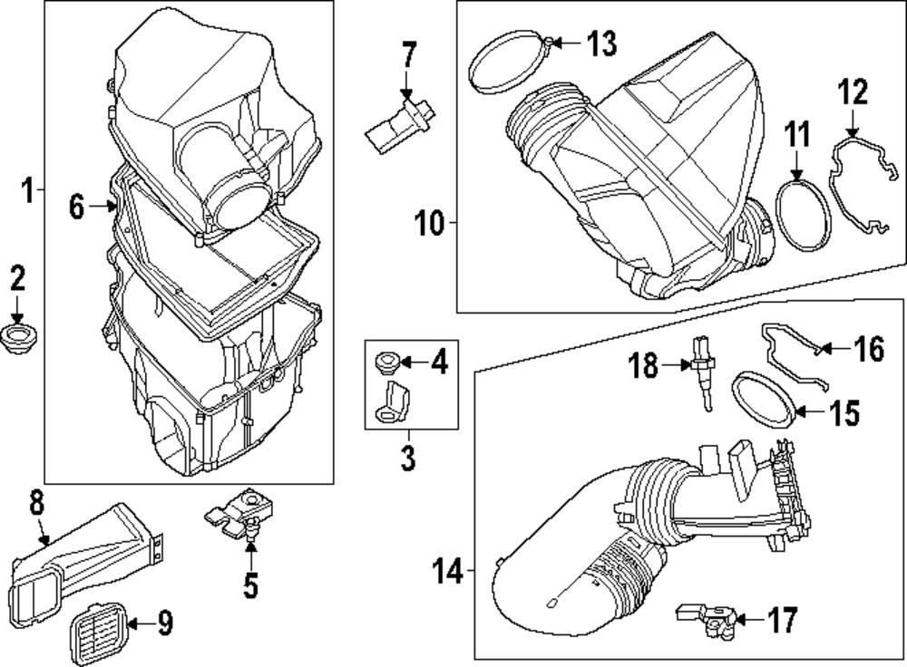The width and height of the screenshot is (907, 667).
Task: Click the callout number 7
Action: pyautogui.click(x=408, y=56)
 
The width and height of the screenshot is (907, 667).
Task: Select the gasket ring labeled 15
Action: pyautogui.click(x=768, y=398)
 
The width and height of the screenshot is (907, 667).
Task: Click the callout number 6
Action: pyautogui.click(x=77, y=208)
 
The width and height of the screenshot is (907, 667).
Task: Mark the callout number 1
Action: pyautogui.click(x=27, y=191)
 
